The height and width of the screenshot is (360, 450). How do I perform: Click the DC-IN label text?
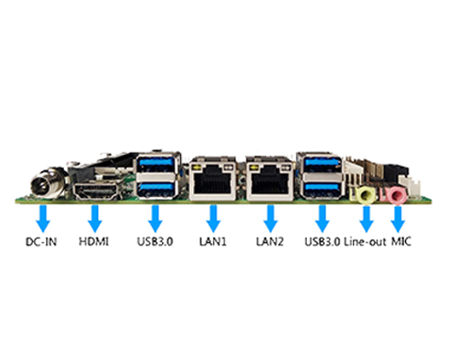[41, 241]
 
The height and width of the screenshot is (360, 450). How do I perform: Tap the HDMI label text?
[94, 241]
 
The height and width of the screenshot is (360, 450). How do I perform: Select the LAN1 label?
[212, 241]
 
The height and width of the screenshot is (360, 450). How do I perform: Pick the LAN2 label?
[270, 241]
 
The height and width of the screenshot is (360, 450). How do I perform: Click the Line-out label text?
[364, 241]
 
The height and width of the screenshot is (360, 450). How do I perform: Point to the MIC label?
[401, 241]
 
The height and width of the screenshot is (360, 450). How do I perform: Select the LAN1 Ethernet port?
[212, 178]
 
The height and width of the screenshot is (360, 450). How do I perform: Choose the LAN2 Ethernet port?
[269, 178]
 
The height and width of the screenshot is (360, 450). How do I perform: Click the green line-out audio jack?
[364, 194]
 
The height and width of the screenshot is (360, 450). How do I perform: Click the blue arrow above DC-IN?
[43, 219]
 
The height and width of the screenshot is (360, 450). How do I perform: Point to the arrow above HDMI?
[94, 219]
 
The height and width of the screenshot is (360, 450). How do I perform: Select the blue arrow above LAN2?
[271, 219]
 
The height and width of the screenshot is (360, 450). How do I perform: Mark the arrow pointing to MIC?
[398, 219]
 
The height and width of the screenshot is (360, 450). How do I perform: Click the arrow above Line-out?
[366, 219]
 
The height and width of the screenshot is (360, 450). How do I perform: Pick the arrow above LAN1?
[213, 219]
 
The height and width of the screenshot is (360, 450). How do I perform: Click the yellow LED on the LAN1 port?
[197, 167]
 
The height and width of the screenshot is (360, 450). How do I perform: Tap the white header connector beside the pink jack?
[413, 187]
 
